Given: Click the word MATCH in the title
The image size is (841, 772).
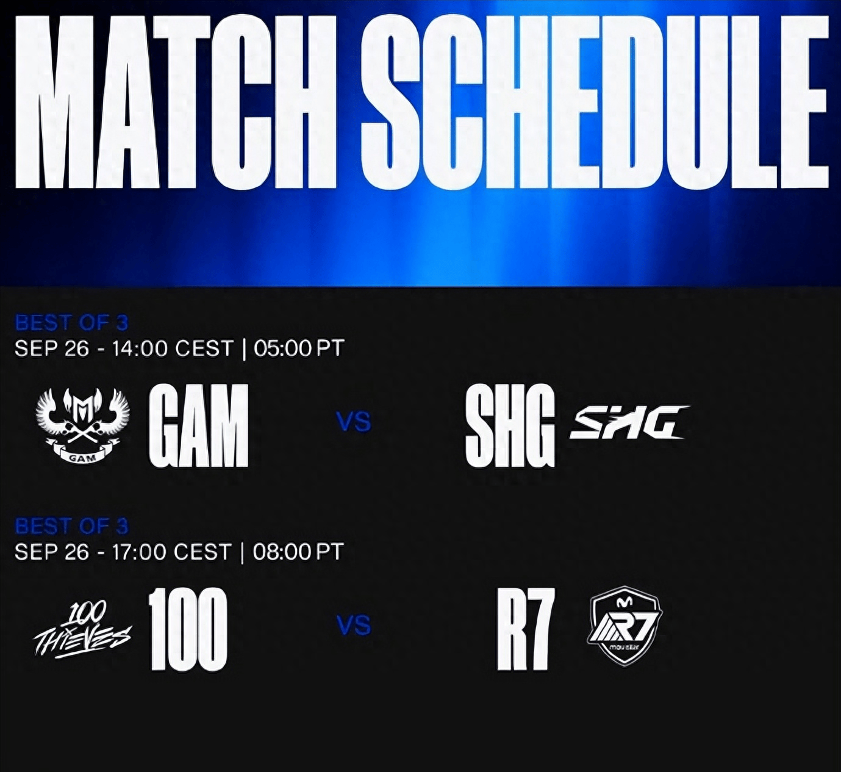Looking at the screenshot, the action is coord(175,103).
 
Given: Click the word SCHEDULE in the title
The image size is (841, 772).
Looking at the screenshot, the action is coord(595,102).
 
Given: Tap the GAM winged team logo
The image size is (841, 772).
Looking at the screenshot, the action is coord(82,426).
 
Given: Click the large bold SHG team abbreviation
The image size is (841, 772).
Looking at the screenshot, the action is coord(510,426).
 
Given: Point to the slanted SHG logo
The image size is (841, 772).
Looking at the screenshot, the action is coord(628,422).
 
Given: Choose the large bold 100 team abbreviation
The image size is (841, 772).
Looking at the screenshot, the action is coord(188,629).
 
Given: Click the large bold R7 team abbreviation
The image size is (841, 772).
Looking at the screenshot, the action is coord(523,629).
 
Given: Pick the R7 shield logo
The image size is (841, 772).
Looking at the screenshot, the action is coord(624,626).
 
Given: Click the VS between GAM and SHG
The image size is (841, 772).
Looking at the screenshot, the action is coord(354,422).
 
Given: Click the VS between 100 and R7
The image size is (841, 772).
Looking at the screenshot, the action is coord(354,626).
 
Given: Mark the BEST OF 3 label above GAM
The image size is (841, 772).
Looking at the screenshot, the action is coord(71,323).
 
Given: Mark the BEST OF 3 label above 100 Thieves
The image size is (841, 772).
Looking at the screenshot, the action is coord(71,527).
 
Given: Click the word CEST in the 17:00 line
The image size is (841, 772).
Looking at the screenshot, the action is coord(202,552).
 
